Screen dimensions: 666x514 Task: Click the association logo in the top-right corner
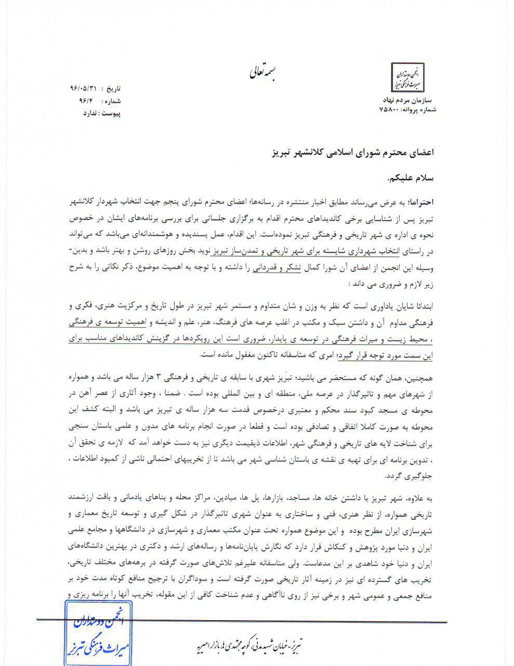coord(407,77)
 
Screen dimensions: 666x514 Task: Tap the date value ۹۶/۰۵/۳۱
coord(84,88)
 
